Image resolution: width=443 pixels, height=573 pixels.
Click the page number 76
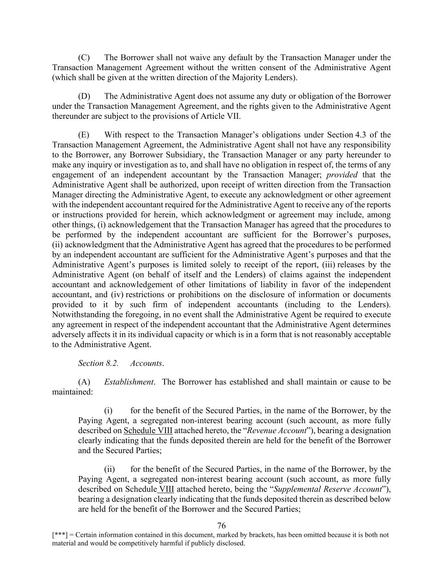222,526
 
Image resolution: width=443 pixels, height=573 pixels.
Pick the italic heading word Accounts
146,363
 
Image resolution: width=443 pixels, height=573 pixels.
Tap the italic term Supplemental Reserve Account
328,489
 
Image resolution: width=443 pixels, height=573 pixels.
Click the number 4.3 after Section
360,135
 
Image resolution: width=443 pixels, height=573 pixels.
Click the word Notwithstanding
79,314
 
